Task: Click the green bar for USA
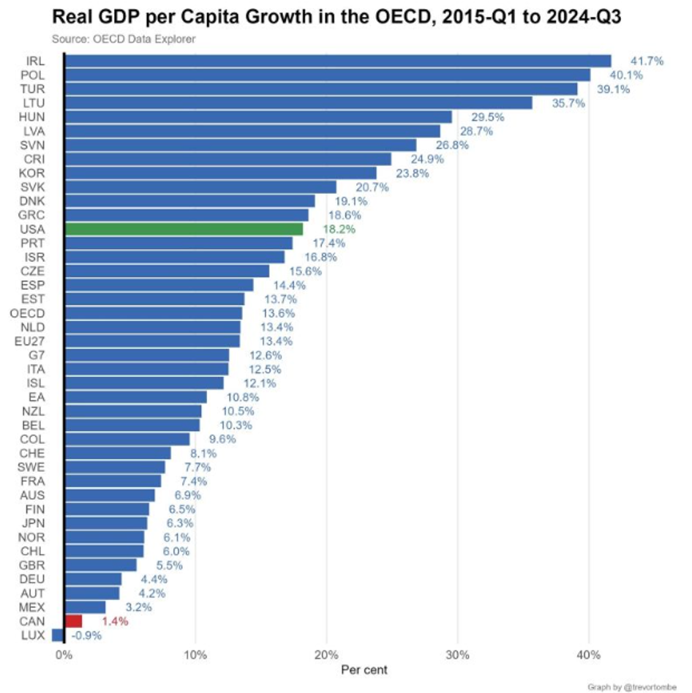tap(184, 229)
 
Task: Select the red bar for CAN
tap(73, 621)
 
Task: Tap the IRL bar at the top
tap(337, 61)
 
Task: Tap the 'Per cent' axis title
tap(364, 670)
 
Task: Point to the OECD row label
tap(29, 313)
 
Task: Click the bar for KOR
tap(220, 173)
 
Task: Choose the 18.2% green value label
tap(339, 229)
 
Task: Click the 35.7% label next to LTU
tap(568, 103)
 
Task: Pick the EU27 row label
tap(30, 341)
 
